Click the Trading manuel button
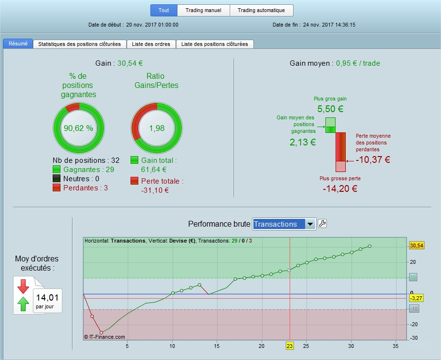click(204, 10)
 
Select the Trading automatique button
click(262, 10)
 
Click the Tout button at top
click(164, 10)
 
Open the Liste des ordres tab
click(151, 44)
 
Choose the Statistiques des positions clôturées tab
click(79, 44)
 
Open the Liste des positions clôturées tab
click(215, 44)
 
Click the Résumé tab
click(18, 43)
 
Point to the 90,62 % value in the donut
click(78, 128)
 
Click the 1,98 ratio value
click(156, 128)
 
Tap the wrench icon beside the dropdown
click(323, 224)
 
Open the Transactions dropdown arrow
click(310, 224)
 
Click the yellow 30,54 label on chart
click(416, 246)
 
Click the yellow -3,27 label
click(416, 298)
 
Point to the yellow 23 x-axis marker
click(289, 346)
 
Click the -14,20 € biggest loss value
click(340, 188)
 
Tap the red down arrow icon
click(23, 286)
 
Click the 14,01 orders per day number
click(47, 298)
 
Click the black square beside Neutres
click(57, 179)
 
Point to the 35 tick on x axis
click(396, 346)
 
